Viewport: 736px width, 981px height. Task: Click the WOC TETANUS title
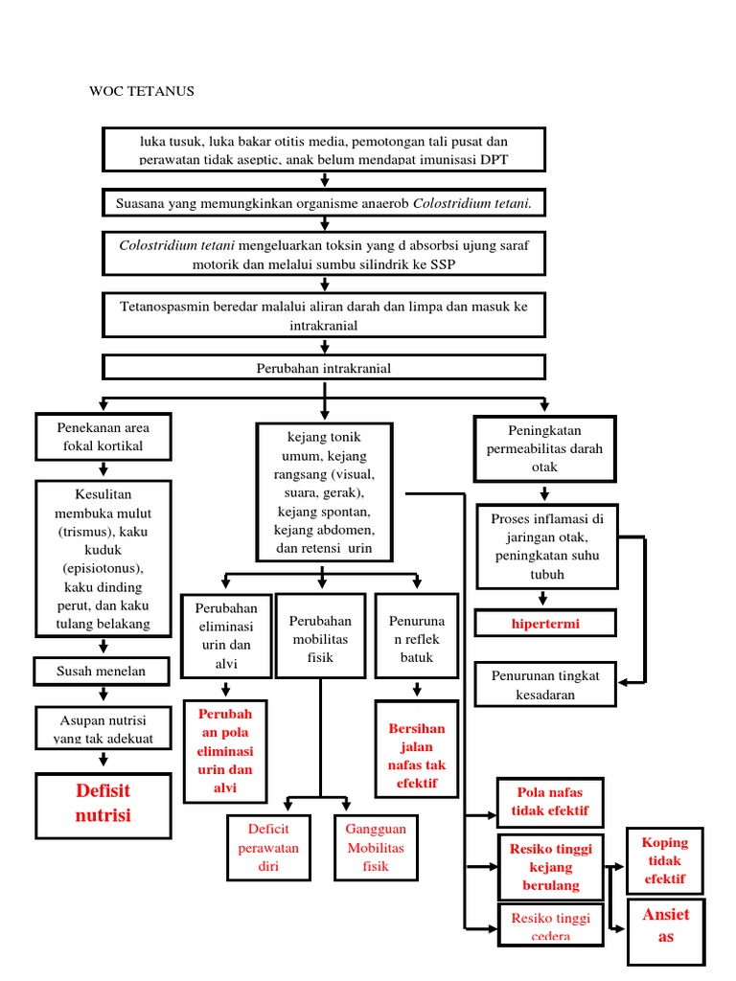click(142, 92)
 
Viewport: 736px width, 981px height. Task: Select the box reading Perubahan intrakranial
click(324, 368)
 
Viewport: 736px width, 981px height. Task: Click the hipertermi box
click(545, 624)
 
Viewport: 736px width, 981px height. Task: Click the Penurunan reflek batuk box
click(416, 640)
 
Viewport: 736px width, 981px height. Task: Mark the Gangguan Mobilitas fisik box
click(375, 848)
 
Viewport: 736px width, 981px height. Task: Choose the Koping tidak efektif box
click(665, 861)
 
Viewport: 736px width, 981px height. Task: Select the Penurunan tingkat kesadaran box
click(545, 685)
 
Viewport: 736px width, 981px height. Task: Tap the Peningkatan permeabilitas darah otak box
click(545, 448)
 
